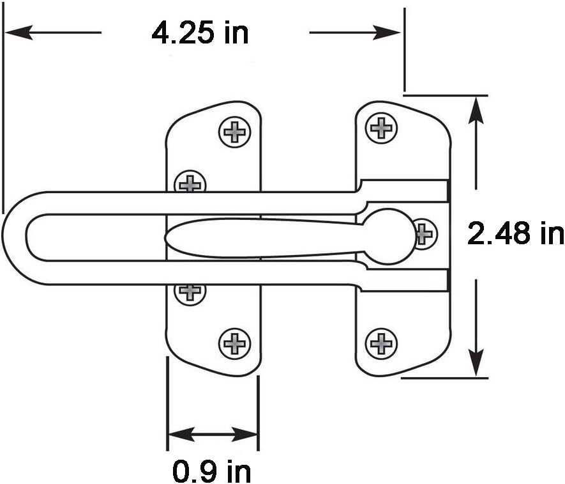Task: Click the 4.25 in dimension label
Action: (200, 32)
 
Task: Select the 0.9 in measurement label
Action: (212, 472)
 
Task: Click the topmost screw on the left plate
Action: (234, 132)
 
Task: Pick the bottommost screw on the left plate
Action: (234, 343)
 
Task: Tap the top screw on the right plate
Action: (381, 128)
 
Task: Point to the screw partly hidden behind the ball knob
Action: (425, 233)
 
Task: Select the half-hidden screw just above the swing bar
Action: (190, 183)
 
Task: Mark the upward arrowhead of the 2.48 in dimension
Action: (475, 109)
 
